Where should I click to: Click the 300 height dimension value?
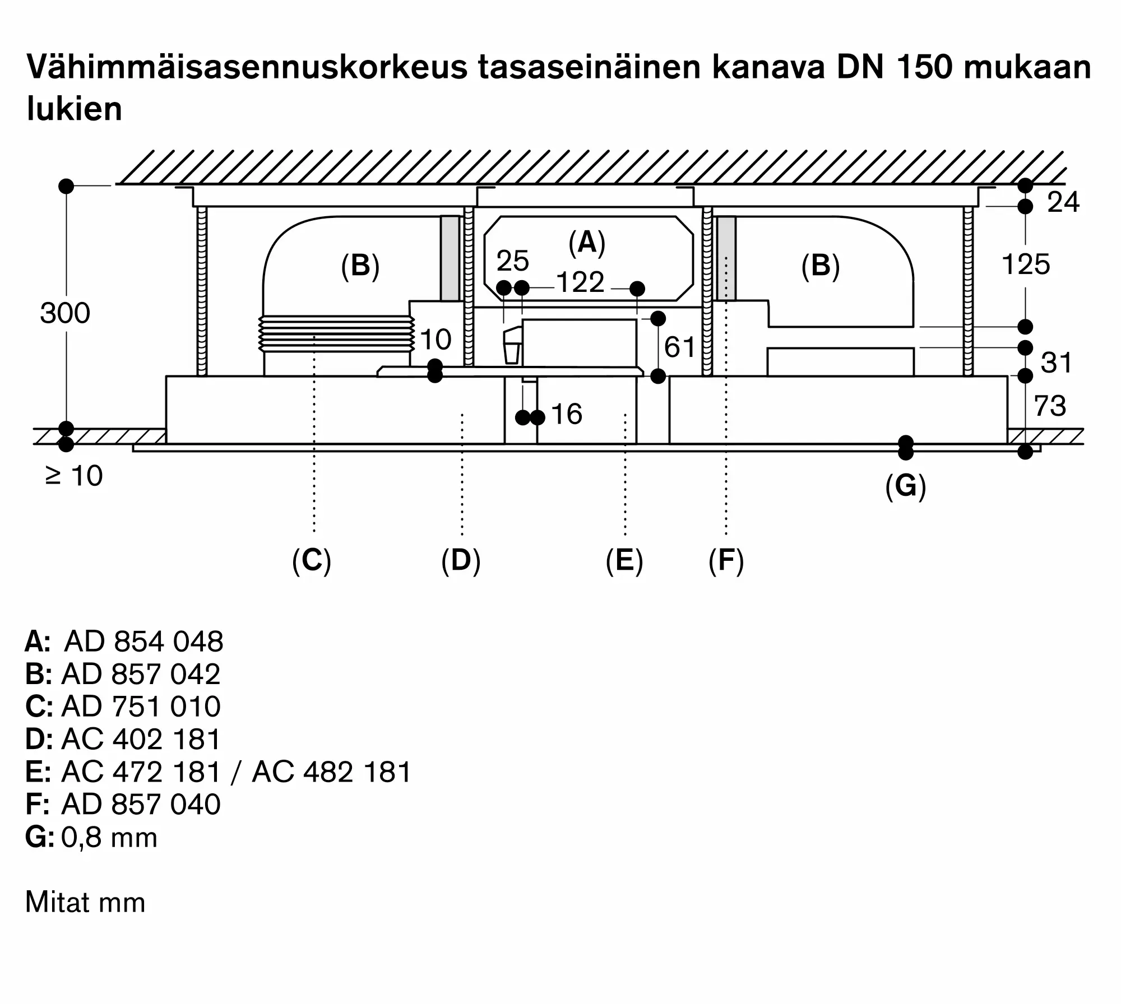click(x=65, y=313)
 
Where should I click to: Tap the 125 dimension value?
click(x=1026, y=264)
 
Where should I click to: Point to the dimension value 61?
click(x=679, y=347)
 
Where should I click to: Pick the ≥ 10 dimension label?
click(x=73, y=476)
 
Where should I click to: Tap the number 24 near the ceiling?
click(x=1063, y=202)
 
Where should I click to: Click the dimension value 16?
click(x=567, y=414)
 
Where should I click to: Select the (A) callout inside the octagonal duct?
click(x=587, y=243)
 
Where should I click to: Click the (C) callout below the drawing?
click(x=312, y=561)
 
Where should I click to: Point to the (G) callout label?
click(x=906, y=486)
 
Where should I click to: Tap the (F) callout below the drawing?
click(x=726, y=561)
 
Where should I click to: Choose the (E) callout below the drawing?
click(x=624, y=561)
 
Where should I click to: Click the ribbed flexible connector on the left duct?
click(x=337, y=334)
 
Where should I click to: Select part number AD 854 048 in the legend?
click(x=144, y=642)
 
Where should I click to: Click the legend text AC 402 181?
click(x=141, y=740)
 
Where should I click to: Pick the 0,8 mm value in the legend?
click(x=109, y=838)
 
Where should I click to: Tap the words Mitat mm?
click(x=85, y=903)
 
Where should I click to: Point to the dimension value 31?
click(x=1056, y=363)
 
